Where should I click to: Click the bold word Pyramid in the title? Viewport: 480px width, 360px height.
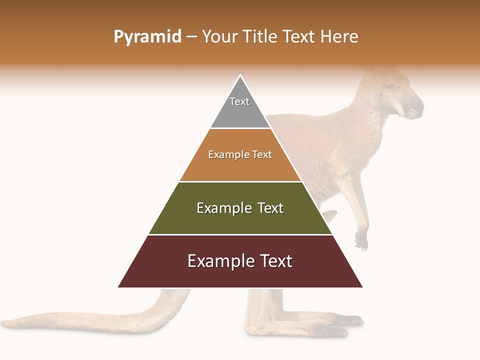pyautogui.click(x=147, y=37)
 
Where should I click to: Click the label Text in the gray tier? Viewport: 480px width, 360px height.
pyautogui.click(x=239, y=101)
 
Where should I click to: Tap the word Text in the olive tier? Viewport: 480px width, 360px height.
pyautogui.click(x=270, y=208)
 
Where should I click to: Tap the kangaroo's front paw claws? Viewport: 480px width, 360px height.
pyautogui.click(x=361, y=243)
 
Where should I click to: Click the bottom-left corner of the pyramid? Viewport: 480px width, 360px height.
pyautogui.click(x=118, y=287)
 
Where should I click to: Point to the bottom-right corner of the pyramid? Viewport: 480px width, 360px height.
pyautogui.click(x=362, y=287)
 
